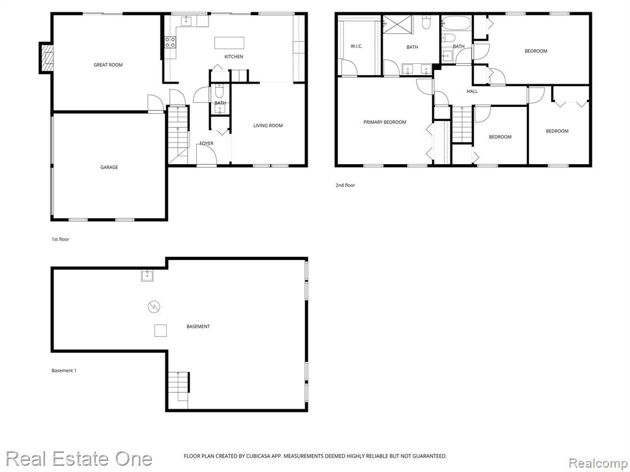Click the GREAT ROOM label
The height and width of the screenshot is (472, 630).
tap(108, 65)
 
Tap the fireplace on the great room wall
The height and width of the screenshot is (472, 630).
tap(46, 58)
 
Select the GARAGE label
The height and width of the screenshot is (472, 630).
tap(110, 167)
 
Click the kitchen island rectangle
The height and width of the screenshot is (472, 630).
tap(229, 43)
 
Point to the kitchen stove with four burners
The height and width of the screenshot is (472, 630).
tap(170, 42)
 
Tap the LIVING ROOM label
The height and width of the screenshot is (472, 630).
tap(268, 125)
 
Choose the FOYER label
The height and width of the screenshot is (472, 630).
tap(207, 143)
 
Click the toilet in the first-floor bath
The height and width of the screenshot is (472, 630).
tap(220, 92)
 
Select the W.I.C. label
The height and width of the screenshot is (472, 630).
tap(356, 46)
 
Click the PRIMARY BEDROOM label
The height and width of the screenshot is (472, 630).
tap(385, 122)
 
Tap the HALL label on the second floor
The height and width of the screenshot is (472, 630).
tap(472, 92)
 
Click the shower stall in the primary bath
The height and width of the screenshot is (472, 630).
tap(397, 26)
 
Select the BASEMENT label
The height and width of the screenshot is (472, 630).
tap(198, 327)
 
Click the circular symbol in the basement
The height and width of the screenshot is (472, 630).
tap(154, 307)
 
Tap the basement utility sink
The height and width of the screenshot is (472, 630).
tap(147, 276)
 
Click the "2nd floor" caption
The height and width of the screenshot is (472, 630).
tap(345, 186)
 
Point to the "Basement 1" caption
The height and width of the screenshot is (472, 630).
tap(64, 371)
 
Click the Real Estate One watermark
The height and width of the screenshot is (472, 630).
tap(79, 458)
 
